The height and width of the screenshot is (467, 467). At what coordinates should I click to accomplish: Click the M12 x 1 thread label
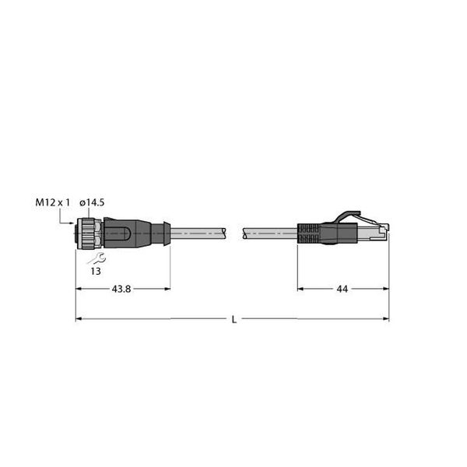point(53,202)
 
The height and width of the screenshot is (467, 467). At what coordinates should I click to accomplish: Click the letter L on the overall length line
point(234,319)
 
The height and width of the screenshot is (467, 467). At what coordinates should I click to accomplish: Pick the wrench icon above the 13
point(97,258)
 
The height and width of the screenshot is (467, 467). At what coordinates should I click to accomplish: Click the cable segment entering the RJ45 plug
point(269,232)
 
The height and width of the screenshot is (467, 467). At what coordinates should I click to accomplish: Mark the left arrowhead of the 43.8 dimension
point(79,289)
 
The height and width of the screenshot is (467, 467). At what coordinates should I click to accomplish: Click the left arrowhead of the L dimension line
point(79,319)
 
